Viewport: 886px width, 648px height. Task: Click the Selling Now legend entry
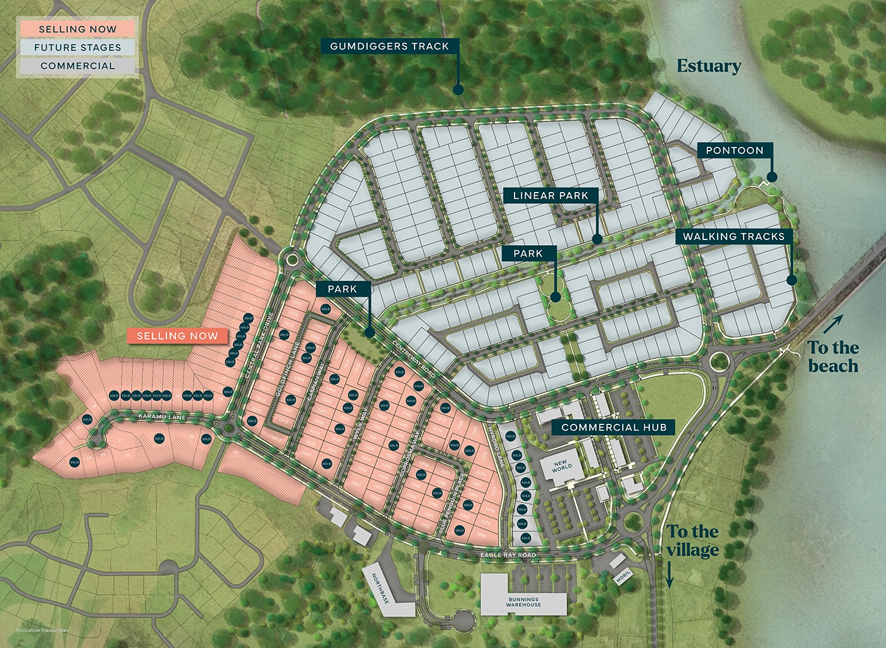[x=77, y=29]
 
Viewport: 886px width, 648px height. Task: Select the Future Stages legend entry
[x=77, y=48]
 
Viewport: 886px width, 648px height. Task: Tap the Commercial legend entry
[x=77, y=66]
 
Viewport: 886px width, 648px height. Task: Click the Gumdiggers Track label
[x=389, y=46]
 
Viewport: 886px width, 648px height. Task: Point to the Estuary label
[x=709, y=66]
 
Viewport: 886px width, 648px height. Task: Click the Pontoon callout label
[x=735, y=150]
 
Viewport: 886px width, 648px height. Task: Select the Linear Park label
[x=551, y=196]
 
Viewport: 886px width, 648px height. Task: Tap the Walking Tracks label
[x=733, y=236]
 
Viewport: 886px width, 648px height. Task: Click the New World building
[x=561, y=467]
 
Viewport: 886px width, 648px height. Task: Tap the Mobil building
[x=622, y=577]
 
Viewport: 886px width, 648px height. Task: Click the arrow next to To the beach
[x=833, y=324]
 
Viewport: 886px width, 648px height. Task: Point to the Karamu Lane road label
[x=163, y=417]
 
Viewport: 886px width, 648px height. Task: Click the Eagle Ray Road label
[x=508, y=555]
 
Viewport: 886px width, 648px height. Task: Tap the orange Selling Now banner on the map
[x=177, y=336]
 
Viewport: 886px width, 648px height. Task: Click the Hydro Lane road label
[x=495, y=447]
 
